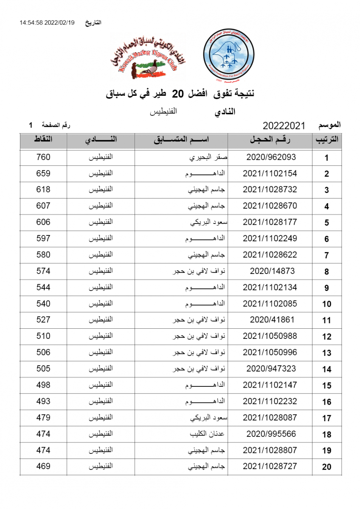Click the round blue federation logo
(x=228, y=56)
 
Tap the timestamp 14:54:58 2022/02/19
(x=47, y=22)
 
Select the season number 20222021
(x=284, y=126)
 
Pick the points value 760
(x=43, y=157)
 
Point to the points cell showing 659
(x=43, y=173)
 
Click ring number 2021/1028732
(x=270, y=190)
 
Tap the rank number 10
(x=326, y=304)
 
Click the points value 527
(x=43, y=320)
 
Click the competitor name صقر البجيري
(x=208, y=157)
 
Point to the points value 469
(x=43, y=467)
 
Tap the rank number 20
(x=326, y=467)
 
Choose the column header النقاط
(x=43, y=140)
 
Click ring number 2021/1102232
(x=270, y=401)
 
